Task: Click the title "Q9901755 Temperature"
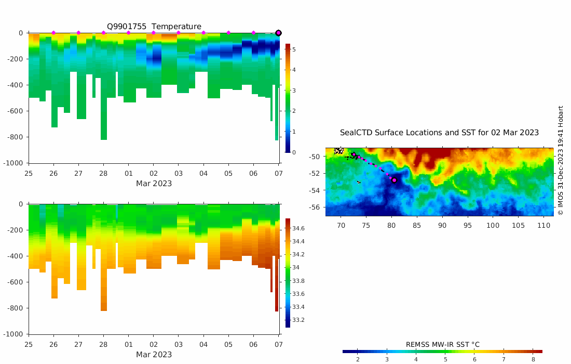tap(154, 27)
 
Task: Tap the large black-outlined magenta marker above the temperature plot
tap(278, 33)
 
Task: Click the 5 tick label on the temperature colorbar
tap(294, 49)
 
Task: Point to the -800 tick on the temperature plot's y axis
tap(18, 137)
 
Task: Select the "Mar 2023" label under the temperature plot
tap(154, 184)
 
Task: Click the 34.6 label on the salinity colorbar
tap(298, 228)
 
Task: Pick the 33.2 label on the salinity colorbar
tap(298, 320)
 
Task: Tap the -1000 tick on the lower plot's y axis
tap(16, 334)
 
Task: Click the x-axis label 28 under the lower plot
tap(103, 345)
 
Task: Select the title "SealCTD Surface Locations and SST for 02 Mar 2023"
tap(439, 133)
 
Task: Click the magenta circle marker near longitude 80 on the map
tap(394, 180)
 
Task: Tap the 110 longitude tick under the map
tap(543, 225)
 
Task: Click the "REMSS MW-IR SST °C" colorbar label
tap(442, 345)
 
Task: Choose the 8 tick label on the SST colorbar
tap(533, 359)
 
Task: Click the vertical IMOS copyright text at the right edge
tap(561, 161)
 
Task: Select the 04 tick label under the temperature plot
tap(203, 173)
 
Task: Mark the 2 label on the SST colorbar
tap(358, 359)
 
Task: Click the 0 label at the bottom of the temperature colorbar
tap(294, 152)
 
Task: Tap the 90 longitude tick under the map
tap(442, 225)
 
